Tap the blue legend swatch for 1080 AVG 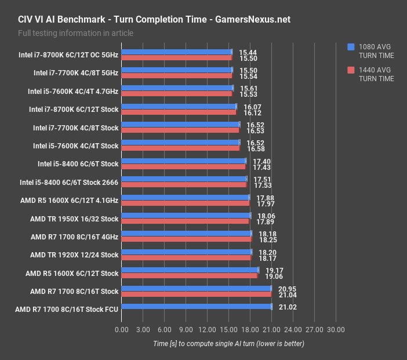[x=350, y=47]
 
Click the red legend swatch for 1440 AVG [x=350, y=70]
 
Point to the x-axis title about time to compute [x=228, y=344]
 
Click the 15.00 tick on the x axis [x=228, y=330]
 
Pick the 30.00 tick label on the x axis [x=336, y=330]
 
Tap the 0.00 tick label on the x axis [x=122, y=330]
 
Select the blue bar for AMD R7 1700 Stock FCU [x=197, y=307]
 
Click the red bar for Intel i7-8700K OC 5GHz [x=177, y=58]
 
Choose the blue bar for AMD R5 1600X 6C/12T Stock [x=190, y=270]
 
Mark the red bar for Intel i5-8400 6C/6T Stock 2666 [x=184, y=185]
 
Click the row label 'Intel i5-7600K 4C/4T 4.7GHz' [x=73, y=92]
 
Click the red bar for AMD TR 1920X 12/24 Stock [x=187, y=257]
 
